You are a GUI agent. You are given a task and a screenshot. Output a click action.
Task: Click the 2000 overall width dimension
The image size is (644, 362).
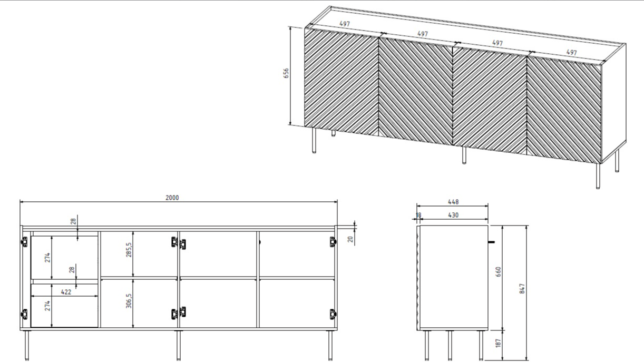click(172, 198)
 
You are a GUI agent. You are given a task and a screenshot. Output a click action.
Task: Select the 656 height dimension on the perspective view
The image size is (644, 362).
click(286, 73)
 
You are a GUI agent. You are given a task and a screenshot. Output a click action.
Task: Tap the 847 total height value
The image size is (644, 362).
click(522, 289)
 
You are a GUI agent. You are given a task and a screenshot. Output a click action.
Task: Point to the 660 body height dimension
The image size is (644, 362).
click(499, 272)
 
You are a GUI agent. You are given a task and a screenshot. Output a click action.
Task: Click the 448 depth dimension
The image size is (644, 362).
click(453, 202)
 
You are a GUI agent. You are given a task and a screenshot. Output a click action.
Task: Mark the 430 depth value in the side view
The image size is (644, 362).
click(453, 215)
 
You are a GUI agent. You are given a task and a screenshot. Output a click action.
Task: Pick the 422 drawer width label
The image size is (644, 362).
click(65, 291)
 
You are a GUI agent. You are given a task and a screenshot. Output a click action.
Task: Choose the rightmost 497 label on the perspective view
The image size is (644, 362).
click(571, 53)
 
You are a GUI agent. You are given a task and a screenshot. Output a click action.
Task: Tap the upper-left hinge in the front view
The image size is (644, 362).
click(24, 242)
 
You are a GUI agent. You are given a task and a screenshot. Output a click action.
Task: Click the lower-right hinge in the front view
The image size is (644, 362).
click(333, 314)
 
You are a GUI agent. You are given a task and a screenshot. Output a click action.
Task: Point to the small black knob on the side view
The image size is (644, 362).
click(492, 242)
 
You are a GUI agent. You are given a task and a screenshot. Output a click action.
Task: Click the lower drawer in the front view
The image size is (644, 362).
click(64, 306)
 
